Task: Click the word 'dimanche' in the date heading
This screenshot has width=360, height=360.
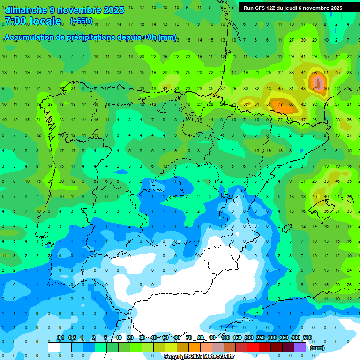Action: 26,10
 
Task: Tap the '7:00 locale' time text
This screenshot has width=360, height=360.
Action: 33,21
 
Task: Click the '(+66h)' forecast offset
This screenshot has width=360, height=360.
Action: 81,21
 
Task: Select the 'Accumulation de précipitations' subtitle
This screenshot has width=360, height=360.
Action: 70,37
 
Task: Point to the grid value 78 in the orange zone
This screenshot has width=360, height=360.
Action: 280,104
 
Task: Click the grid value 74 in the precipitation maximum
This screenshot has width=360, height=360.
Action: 315,88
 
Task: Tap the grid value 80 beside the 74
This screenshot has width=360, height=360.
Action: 326,88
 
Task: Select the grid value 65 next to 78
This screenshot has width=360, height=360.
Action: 291,104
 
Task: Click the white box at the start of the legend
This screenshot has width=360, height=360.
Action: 54,347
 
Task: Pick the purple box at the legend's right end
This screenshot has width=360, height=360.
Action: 300,347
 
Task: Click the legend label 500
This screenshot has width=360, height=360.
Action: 307,337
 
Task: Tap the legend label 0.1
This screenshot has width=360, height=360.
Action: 60,337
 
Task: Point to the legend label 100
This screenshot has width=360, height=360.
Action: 225,337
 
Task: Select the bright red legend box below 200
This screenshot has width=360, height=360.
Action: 253,347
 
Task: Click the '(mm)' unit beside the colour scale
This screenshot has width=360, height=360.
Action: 317,348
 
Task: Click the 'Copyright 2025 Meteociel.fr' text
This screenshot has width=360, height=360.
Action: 199,356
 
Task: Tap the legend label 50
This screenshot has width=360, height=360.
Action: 165,337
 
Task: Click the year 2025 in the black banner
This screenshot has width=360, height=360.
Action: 333,8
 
